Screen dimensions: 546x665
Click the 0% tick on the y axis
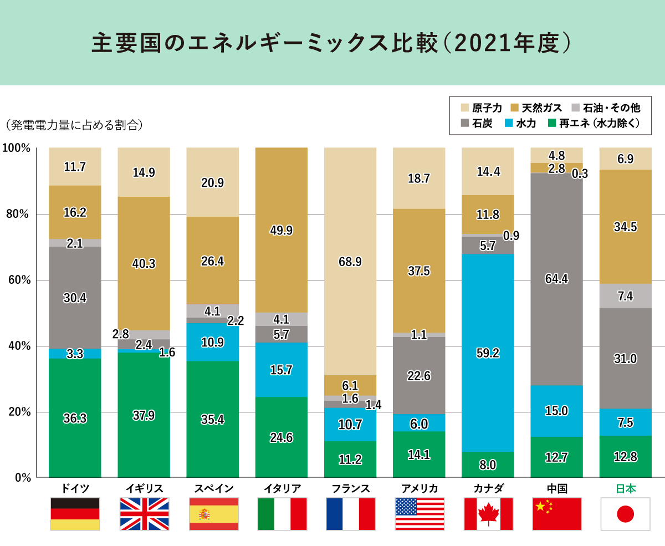pos(20,477)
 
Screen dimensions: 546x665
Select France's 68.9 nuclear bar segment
pos(350,261)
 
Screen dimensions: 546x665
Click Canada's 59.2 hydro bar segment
pos(487,352)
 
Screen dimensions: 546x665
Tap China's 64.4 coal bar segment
pos(556,279)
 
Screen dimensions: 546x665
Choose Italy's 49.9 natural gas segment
pos(281,230)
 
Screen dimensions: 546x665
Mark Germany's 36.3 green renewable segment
pos(75,418)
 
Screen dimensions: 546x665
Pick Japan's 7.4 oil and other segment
pos(625,296)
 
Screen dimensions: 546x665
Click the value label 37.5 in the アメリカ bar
pos(418,271)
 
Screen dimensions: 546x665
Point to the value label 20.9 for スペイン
pos(213,182)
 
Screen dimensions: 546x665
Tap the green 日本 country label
pos(625,488)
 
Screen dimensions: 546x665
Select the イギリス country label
pos(144,488)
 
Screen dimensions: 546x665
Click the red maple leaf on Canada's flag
pos(487,514)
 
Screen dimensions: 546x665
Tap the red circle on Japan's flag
pos(625,514)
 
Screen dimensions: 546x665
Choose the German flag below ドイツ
pos(75,514)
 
